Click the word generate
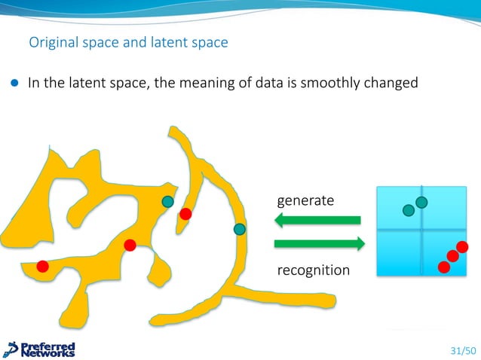point(305,201)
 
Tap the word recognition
point(314,270)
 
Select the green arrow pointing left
point(317,220)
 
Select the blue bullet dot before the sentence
point(14,84)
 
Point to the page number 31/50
point(463,350)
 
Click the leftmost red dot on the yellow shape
point(43,265)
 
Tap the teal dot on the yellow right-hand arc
point(239,229)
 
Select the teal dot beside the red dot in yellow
point(167,201)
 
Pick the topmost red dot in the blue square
point(462,247)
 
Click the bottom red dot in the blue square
point(444,267)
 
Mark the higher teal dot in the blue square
point(421,202)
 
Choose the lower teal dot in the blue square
point(409,209)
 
